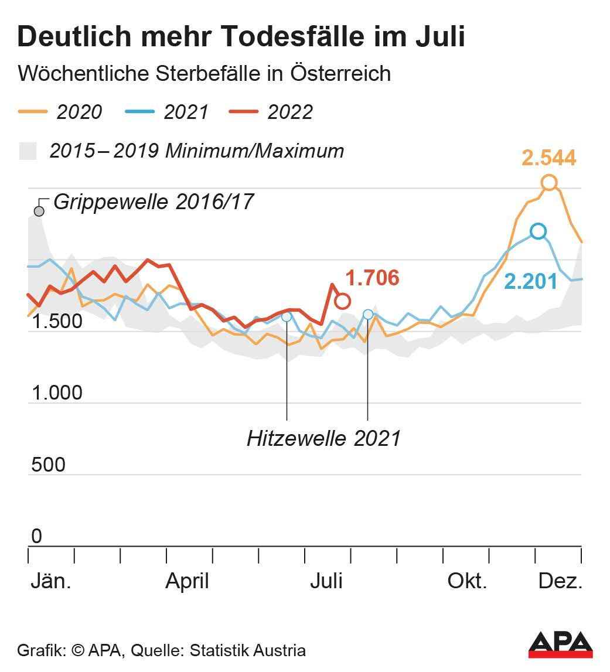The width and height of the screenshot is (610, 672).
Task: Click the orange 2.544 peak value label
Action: [x=549, y=158]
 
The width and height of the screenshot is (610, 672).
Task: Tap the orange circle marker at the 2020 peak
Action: [x=549, y=183]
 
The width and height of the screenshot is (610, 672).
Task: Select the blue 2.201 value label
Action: [x=531, y=282]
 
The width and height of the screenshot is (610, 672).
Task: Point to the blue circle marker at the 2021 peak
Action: [x=538, y=231]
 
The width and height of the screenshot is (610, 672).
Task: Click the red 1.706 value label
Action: [x=372, y=278]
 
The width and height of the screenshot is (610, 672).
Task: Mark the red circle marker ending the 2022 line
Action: [x=343, y=301]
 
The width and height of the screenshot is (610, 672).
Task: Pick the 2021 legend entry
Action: [x=167, y=111]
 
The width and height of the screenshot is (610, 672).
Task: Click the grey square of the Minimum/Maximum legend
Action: [x=28, y=151]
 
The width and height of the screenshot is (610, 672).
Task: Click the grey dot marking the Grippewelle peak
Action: [x=39, y=211]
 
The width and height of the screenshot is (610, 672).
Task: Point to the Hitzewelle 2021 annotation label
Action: [x=324, y=438]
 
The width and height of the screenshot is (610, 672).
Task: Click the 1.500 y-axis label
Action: [x=57, y=322]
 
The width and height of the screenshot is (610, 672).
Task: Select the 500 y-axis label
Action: [x=47, y=465]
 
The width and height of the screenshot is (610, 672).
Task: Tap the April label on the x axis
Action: [x=188, y=581]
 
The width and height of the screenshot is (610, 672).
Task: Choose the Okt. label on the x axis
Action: [x=468, y=581]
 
